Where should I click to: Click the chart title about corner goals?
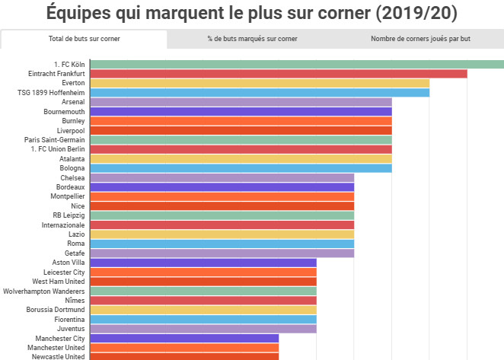coord(252,13)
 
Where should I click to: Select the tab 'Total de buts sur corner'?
coord(84,39)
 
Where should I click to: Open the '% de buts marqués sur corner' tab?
coord(252,39)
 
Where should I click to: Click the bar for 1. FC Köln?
coord(297,64)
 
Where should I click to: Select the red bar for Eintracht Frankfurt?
coord(279,73)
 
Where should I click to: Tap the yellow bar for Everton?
coord(260,83)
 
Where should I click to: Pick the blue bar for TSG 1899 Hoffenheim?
coord(260,92)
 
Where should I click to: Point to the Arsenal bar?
coord(241,102)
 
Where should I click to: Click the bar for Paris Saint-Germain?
coord(241,139)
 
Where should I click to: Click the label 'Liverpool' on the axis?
coord(70,130)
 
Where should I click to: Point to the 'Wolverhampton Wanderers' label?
coord(45,291)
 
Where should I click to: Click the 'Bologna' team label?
coord(72,168)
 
